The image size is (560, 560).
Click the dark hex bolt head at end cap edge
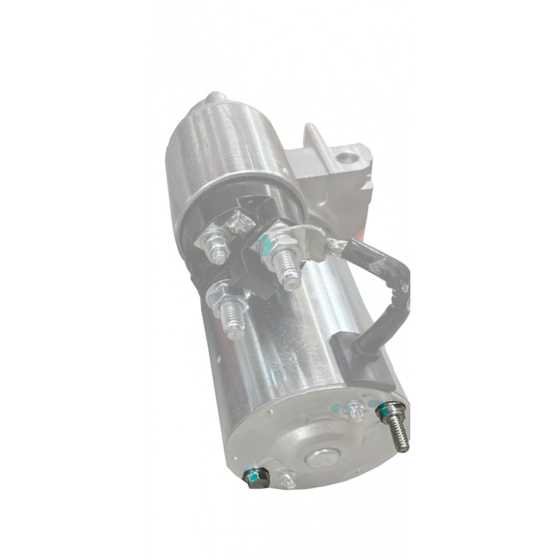[252, 479]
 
